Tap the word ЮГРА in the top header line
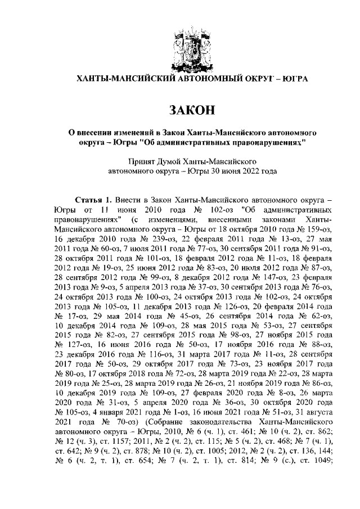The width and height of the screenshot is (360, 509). coord(294,79)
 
